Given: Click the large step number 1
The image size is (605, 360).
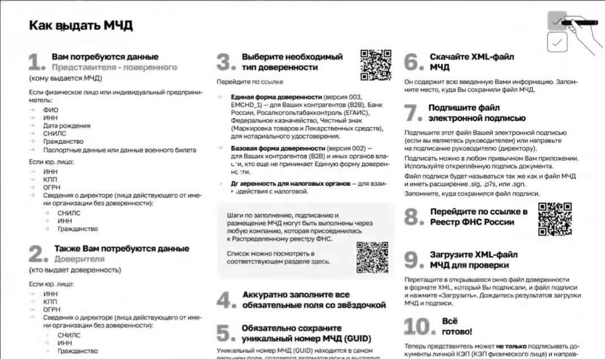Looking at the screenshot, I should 36,62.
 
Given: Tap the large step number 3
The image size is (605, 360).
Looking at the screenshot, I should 225,62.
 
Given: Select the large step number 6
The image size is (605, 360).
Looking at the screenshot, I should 414,62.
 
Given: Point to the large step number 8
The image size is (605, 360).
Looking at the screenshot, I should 414,217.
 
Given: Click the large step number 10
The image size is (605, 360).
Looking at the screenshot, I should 419,327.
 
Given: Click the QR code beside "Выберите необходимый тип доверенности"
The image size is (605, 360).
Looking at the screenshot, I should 376,64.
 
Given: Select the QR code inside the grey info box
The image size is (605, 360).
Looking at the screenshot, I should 372,257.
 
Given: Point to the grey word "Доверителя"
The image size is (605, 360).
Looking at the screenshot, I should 79,259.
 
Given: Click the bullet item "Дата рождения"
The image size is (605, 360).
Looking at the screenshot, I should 67,125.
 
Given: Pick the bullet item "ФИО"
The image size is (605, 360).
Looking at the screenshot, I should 50,110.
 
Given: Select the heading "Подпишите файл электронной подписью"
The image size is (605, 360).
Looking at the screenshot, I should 477,113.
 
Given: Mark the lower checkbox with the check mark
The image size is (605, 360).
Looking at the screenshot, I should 558,42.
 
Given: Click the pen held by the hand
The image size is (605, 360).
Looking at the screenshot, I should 582,22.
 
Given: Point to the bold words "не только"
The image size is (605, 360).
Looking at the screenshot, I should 511,346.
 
